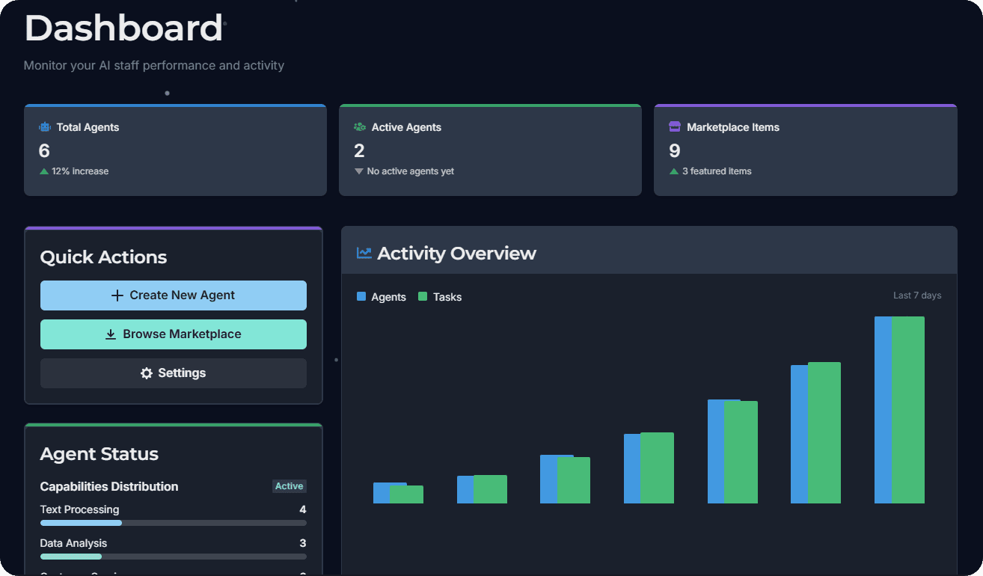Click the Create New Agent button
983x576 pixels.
pyautogui.click(x=173, y=295)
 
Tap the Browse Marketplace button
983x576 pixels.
pyautogui.click(x=173, y=334)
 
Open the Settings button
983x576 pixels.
pyautogui.click(x=173, y=373)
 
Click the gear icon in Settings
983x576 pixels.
pyautogui.click(x=147, y=373)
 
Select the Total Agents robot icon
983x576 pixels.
pyautogui.click(x=45, y=127)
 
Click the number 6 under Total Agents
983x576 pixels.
pyautogui.click(x=44, y=151)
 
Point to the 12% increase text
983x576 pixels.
pyautogui.click(x=80, y=171)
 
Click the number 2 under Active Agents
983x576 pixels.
pyautogui.click(x=359, y=151)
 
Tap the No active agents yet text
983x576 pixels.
pyautogui.click(x=410, y=171)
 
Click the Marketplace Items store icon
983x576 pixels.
pyautogui.click(x=675, y=127)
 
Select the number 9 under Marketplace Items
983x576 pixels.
pyautogui.click(x=674, y=151)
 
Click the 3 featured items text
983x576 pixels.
pyautogui.click(x=717, y=171)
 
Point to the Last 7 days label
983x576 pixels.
pyautogui.click(x=917, y=295)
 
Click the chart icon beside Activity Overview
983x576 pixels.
pyautogui.click(x=364, y=253)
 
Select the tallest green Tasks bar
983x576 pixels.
pyautogui.click(x=907, y=409)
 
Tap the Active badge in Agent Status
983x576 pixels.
pyautogui.click(x=289, y=486)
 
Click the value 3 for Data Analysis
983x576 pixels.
pyautogui.click(x=302, y=543)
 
